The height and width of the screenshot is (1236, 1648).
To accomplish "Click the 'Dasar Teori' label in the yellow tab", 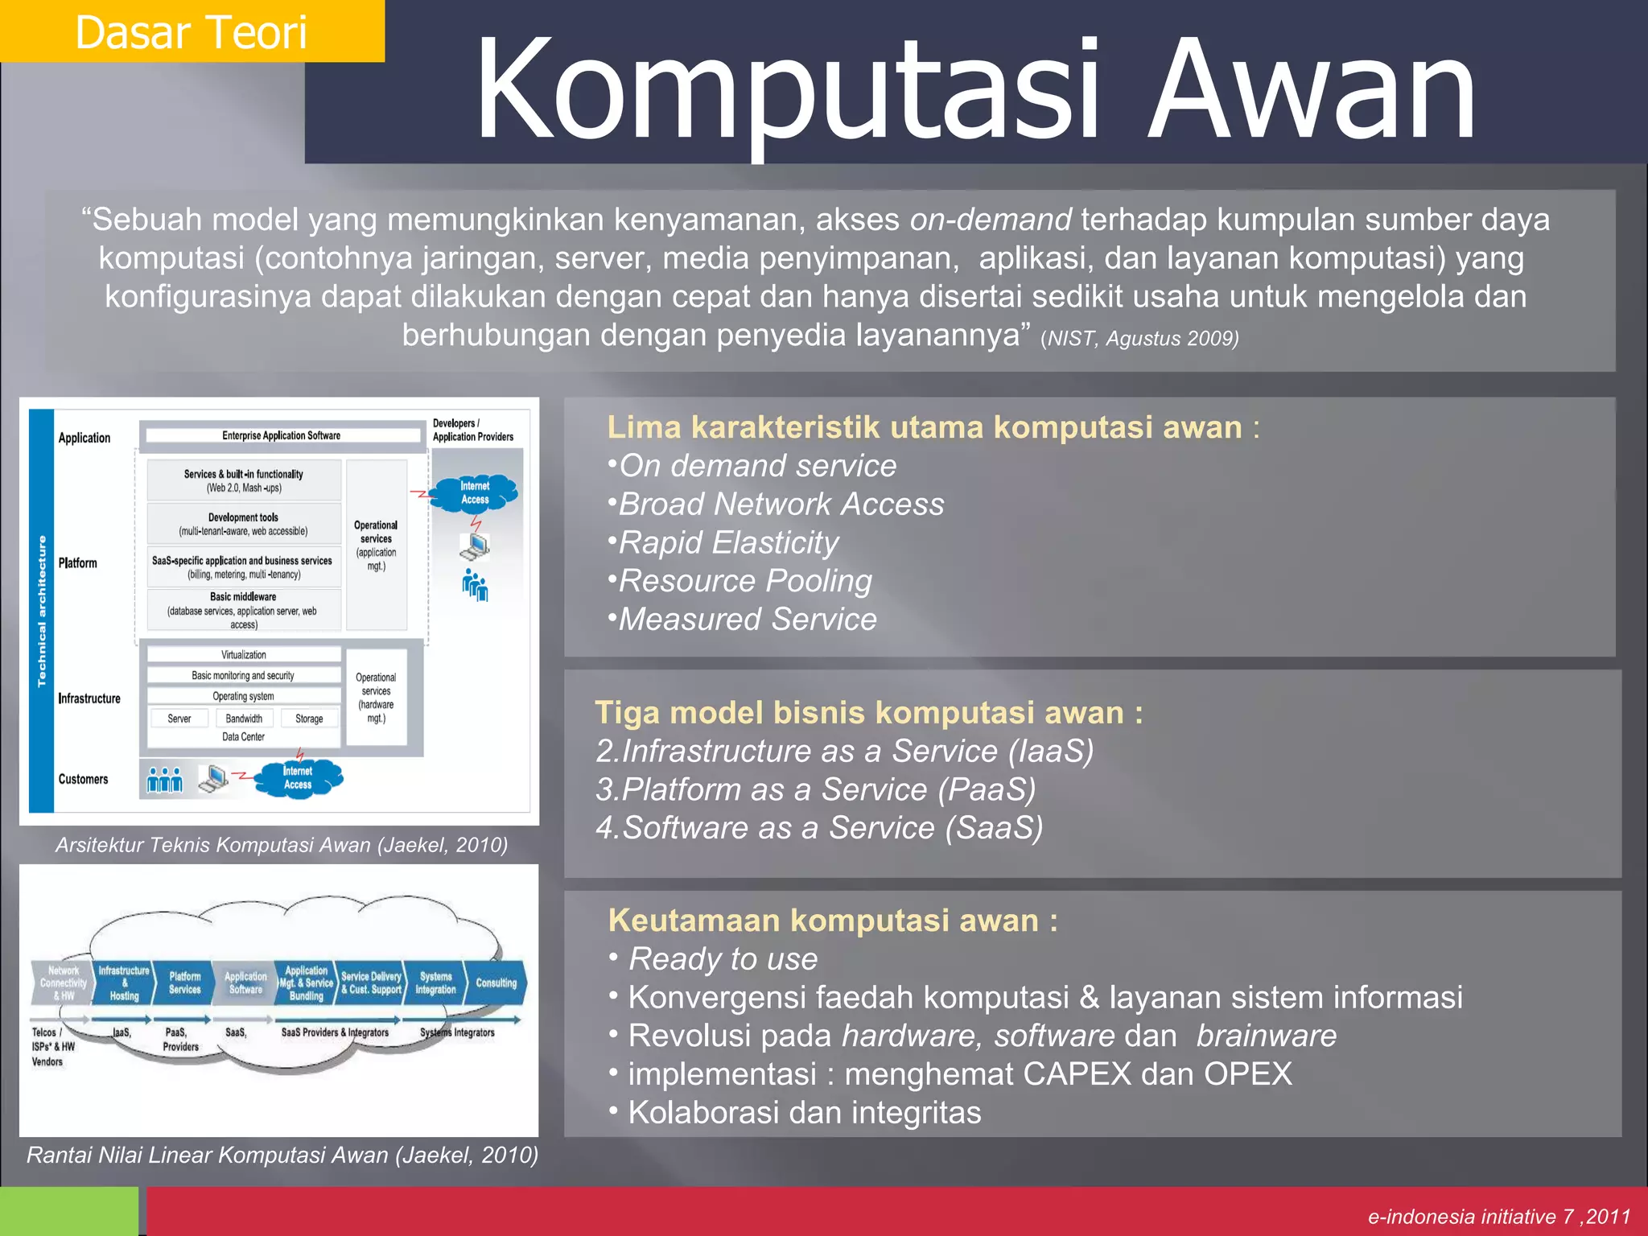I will point(191,32).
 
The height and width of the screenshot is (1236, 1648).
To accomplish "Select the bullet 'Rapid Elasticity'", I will point(728,543).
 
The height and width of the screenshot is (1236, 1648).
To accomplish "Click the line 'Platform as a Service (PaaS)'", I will point(816,789).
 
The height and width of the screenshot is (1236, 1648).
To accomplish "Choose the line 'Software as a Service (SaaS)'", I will point(819,828).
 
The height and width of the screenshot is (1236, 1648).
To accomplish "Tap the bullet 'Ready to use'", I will point(723,959).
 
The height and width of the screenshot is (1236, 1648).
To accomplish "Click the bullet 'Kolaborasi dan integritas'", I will point(804,1113).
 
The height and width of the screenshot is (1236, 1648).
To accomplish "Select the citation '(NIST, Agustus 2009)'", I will point(1139,339).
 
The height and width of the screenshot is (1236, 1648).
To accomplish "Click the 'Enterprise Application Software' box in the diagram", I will point(282,436).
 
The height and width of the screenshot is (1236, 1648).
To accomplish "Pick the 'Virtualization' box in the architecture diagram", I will point(244,655).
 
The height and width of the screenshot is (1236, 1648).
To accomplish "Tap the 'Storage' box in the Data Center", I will point(309,719).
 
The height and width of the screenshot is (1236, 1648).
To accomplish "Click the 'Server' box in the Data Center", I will point(179,719).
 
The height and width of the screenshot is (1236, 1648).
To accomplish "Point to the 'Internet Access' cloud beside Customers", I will point(298,778).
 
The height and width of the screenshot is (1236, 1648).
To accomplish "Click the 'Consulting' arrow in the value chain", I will point(496,983).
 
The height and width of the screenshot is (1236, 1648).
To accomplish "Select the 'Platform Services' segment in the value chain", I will point(184,983).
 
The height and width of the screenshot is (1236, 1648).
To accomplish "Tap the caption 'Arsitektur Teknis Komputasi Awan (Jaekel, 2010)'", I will point(281,845).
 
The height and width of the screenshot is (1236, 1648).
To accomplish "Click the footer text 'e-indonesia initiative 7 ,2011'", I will point(1498,1217).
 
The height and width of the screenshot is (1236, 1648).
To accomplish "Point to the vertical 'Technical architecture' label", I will point(42,612).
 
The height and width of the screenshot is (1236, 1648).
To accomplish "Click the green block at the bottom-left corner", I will point(69,1211).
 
